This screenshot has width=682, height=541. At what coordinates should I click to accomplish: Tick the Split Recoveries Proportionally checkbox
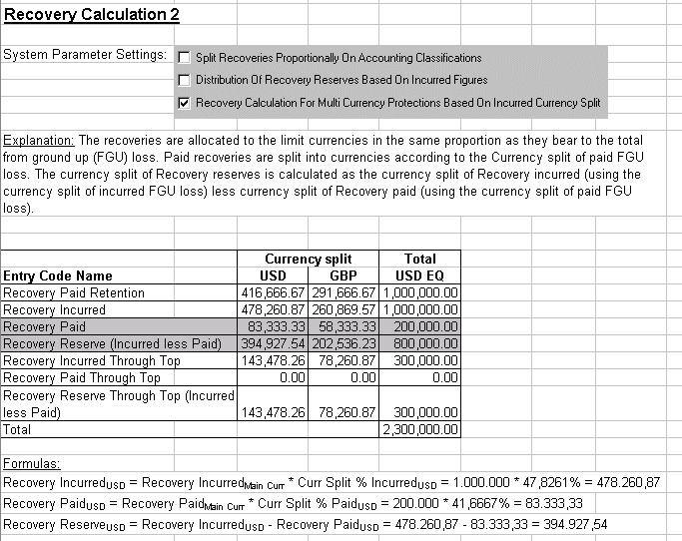click(184, 58)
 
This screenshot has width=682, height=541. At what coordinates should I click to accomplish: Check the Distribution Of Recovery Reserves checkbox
click(184, 80)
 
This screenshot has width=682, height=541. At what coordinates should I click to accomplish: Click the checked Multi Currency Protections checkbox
click(184, 102)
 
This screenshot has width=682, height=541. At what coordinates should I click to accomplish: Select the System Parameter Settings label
click(86, 54)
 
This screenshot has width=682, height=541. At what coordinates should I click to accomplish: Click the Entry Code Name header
click(58, 275)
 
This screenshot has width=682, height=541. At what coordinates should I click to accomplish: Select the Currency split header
click(309, 259)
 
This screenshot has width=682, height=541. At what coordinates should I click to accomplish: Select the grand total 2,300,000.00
click(421, 430)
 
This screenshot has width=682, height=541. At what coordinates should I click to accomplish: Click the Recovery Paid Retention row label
click(74, 293)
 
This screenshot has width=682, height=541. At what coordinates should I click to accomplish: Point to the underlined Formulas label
click(31, 464)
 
